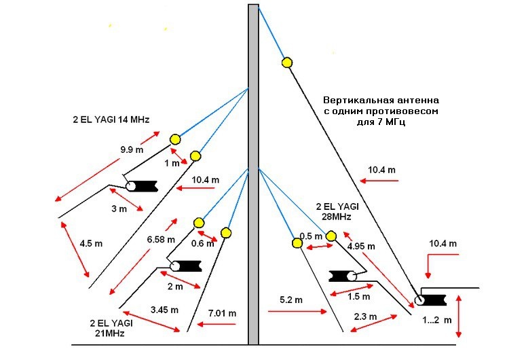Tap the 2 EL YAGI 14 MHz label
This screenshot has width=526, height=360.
tap(111, 120)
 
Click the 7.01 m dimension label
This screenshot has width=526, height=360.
tap(222, 313)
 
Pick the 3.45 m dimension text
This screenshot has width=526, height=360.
tap(164, 310)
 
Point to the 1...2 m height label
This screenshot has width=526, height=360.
tap(434, 319)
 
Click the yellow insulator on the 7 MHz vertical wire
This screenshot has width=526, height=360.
tap(287, 62)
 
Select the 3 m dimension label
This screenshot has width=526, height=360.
tap(118, 209)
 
